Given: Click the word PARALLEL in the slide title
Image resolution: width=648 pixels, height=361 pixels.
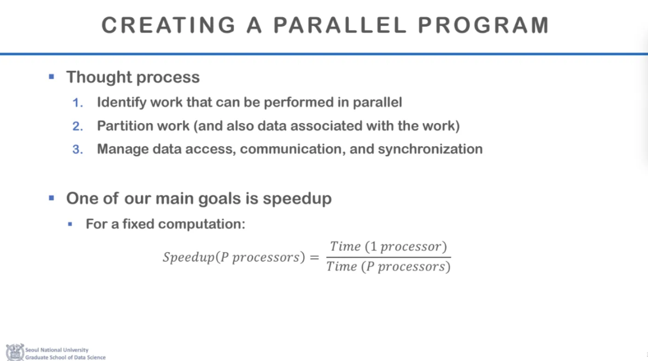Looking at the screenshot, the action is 340,25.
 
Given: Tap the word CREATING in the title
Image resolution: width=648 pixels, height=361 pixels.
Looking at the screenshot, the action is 168,25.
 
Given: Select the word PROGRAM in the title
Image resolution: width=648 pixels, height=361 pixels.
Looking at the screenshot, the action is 483,25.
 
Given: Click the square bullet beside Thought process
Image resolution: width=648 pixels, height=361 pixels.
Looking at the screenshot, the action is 52,76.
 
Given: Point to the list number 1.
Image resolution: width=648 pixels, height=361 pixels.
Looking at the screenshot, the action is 77,102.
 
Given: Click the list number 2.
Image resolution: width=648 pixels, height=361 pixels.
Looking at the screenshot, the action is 78,126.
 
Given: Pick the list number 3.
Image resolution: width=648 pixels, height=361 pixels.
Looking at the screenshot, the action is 78,149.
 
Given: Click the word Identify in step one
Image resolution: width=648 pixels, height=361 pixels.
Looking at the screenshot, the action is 121,102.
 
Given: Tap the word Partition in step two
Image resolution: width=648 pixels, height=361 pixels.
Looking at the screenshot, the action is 123,125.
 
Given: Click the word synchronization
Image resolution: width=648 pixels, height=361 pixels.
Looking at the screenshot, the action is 430,149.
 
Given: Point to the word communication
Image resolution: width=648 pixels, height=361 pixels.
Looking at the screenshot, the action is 293,149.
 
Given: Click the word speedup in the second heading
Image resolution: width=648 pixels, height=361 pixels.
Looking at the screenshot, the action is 297,199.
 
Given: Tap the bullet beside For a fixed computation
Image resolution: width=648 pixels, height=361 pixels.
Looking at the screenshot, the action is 70,224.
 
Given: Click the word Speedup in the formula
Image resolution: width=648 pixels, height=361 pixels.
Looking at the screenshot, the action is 189,257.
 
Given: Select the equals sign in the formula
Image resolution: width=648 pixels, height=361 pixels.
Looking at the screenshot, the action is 315,257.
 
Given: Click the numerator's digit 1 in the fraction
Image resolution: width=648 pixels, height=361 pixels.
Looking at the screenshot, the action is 374,247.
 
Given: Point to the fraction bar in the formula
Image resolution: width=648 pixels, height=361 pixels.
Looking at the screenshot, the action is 389,257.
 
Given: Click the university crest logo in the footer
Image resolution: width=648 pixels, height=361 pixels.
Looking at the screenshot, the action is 15,352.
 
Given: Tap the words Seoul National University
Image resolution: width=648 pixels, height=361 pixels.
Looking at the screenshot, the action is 57,350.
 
